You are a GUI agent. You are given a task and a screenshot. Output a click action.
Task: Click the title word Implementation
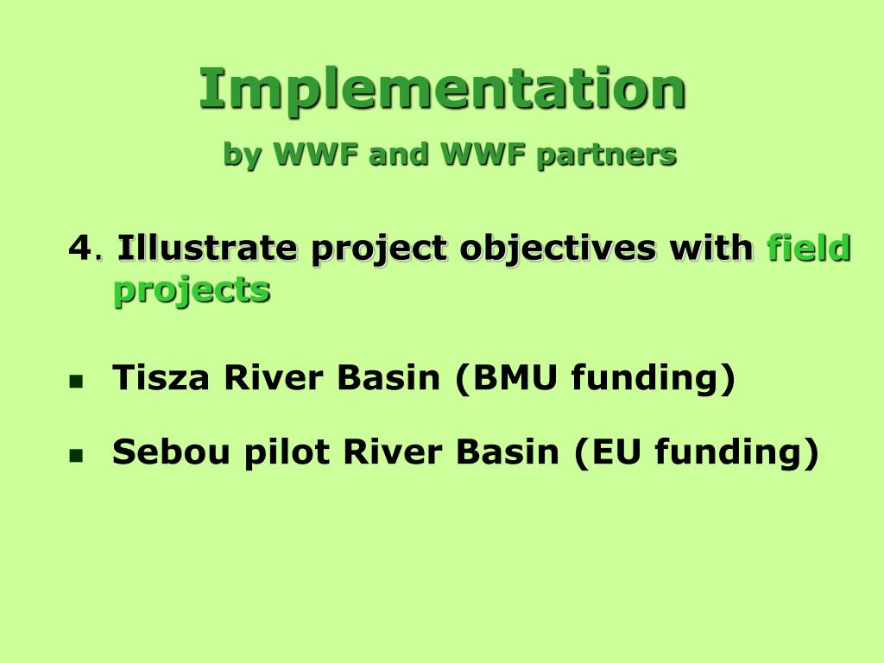click(443, 90)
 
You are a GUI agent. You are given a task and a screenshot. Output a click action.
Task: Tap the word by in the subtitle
click(243, 155)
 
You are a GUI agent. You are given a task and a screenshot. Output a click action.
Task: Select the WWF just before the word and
click(315, 154)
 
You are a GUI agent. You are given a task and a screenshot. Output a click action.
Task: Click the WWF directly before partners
click(483, 154)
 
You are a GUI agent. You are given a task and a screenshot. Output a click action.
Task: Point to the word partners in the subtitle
click(607, 155)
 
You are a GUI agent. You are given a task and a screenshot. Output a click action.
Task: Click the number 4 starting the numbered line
click(79, 248)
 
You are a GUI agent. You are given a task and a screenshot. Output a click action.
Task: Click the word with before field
click(711, 247)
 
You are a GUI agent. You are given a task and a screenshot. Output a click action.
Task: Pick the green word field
click(809, 247)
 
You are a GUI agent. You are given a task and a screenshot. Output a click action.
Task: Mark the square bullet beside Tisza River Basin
click(76, 382)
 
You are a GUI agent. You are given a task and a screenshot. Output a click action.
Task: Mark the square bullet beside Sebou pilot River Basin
click(76, 455)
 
